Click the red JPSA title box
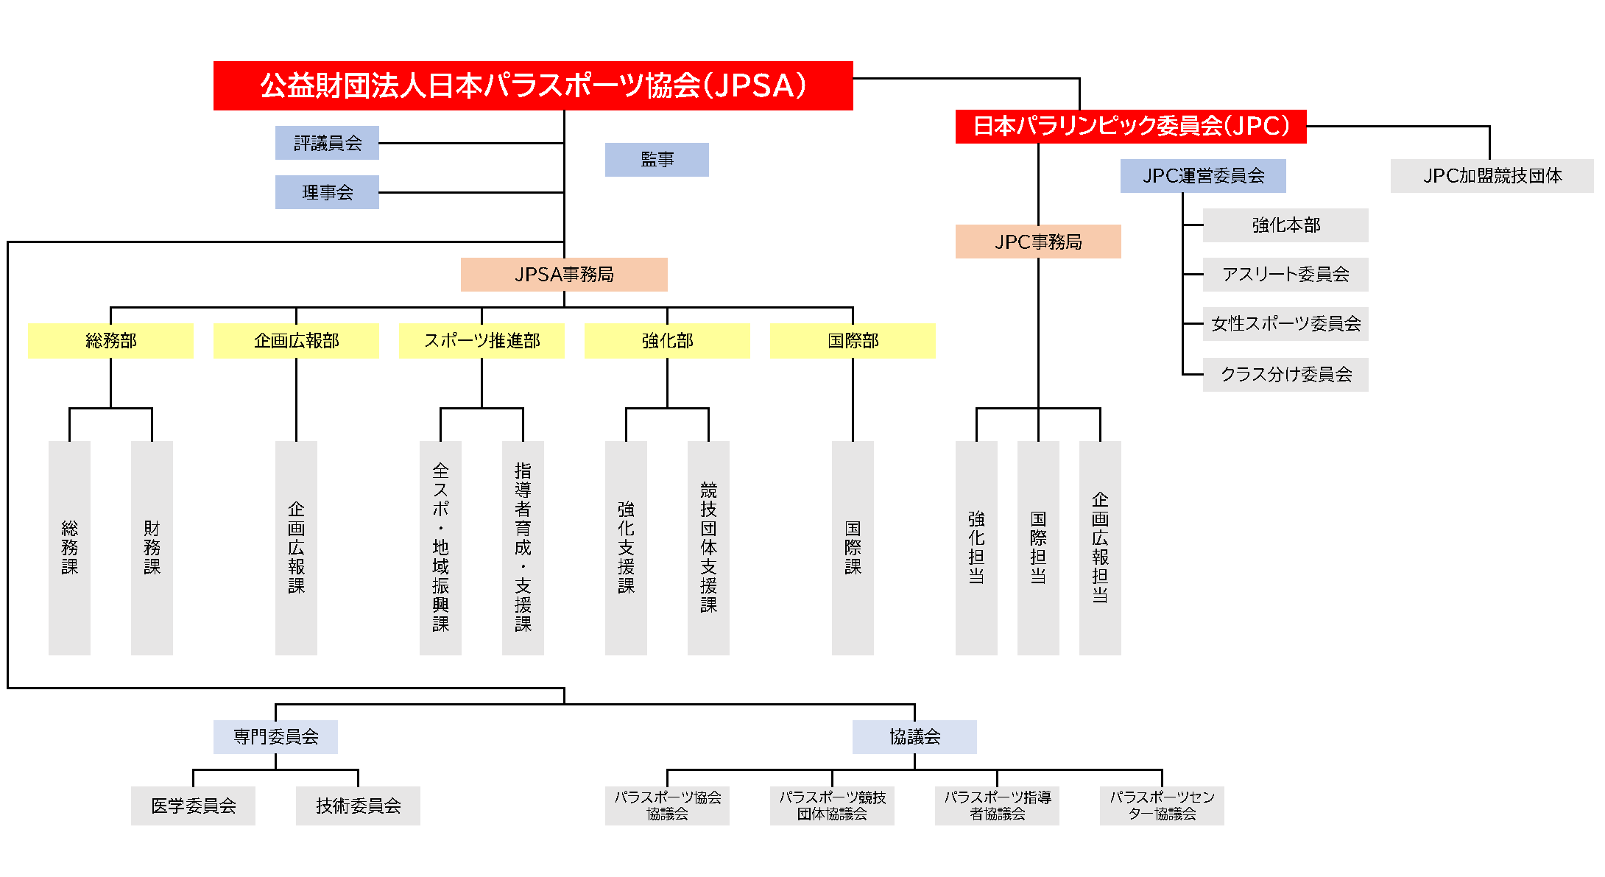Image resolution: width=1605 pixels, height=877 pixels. (x=533, y=85)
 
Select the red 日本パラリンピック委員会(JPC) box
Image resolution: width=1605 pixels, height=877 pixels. (x=1130, y=126)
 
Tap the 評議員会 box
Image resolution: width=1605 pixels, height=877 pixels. (x=327, y=143)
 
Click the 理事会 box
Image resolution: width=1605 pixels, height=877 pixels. (x=327, y=192)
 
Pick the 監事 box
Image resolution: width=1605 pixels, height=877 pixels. (x=657, y=160)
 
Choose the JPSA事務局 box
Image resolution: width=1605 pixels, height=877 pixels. (x=564, y=275)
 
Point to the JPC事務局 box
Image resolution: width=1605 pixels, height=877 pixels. (x=1038, y=242)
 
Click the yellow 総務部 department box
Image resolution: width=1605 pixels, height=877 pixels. (x=110, y=341)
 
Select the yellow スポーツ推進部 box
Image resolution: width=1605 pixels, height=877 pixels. (x=481, y=341)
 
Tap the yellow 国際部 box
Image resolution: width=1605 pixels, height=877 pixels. (x=853, y=341)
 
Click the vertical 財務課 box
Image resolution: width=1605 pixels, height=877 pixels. (x=152, y=548)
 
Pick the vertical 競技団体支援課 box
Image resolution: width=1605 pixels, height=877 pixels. (x=708, y=548)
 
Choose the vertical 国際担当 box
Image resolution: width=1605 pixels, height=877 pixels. (x=1038, y=548)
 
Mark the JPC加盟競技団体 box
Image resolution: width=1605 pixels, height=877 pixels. (x=1492, y=176)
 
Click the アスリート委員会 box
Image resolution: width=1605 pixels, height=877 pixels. (x=1285, y=275)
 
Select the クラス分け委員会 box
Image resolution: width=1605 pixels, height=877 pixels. (x=1285, y=374)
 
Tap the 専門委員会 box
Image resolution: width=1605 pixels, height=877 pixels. (x=275, y=736)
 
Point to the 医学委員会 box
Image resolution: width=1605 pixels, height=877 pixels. (x=193, y=806)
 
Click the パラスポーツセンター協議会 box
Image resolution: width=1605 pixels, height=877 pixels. (x=1162, y=806)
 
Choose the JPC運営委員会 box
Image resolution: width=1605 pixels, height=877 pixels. (x=1203, y=176)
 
